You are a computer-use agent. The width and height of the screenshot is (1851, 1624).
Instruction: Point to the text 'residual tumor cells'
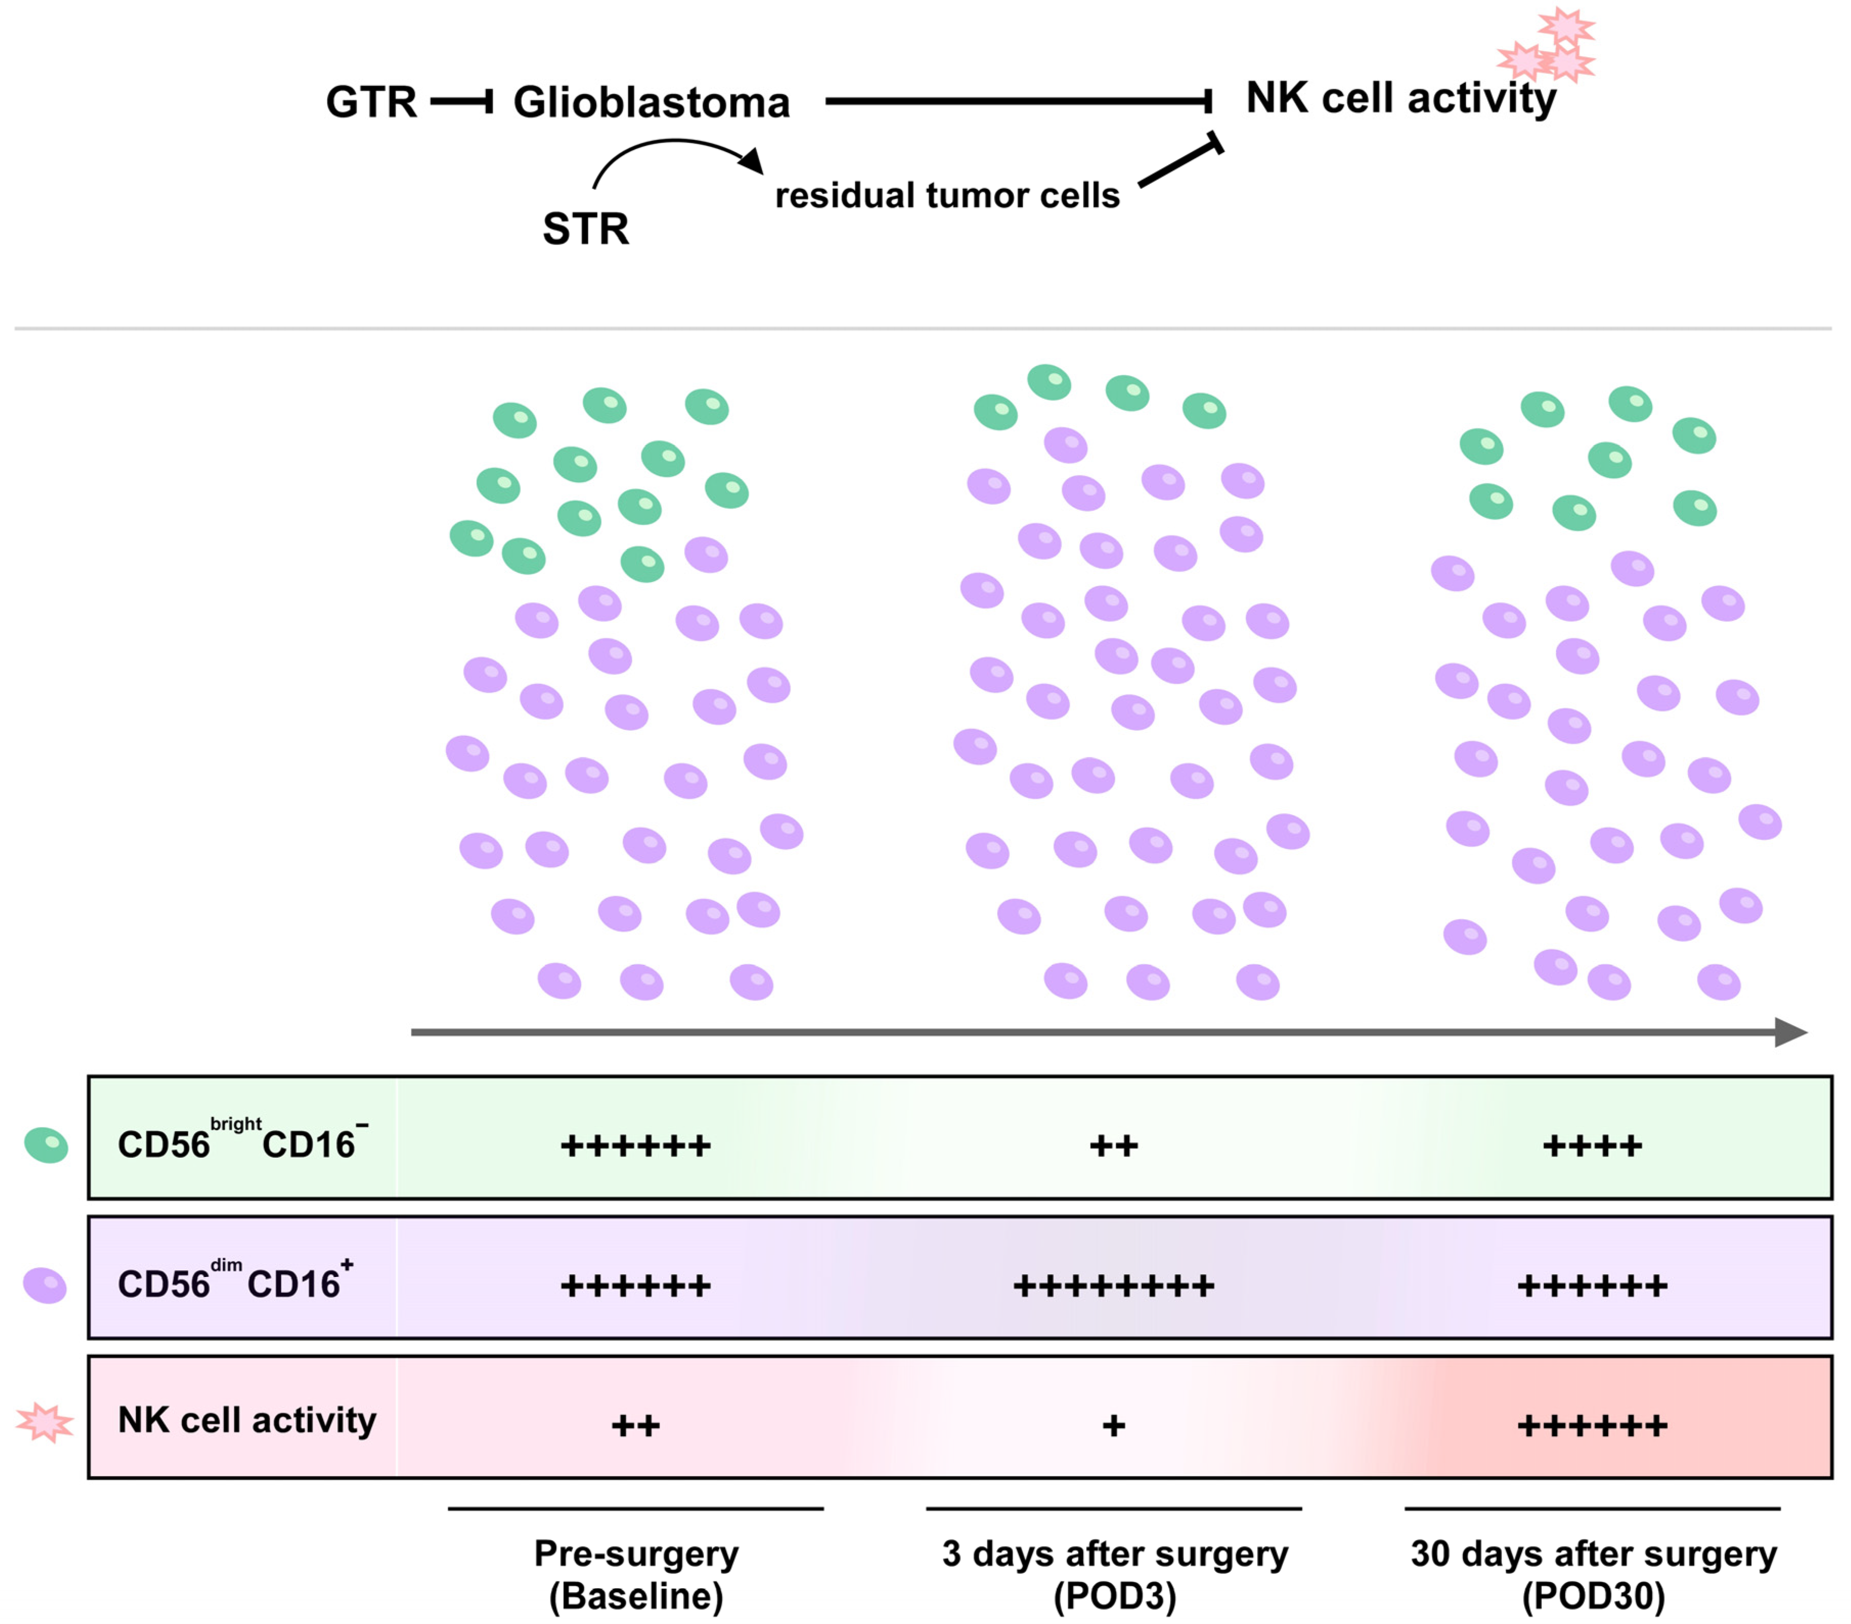pos(947,196)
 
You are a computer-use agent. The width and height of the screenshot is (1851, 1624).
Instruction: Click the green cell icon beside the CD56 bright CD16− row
pos(46,1145)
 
